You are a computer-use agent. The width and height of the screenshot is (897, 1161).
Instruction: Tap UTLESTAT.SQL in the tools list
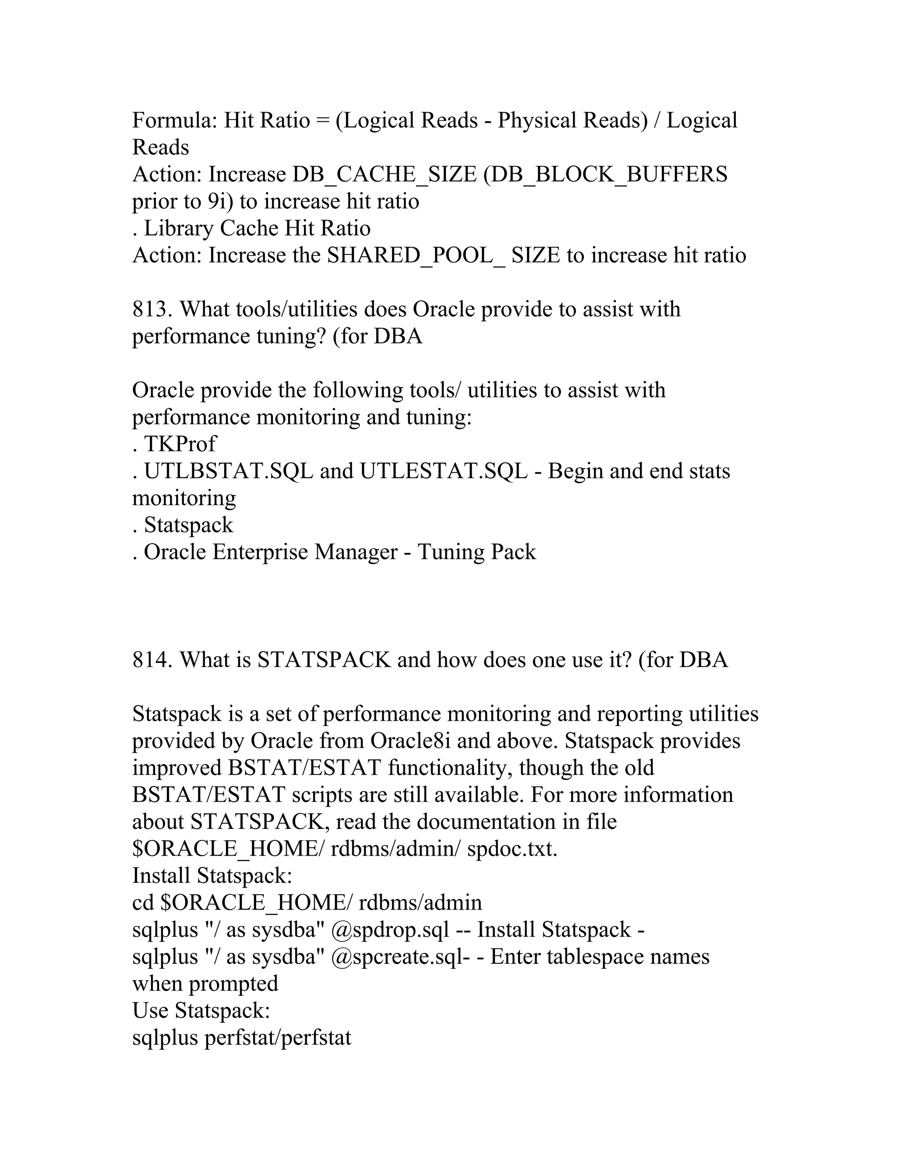(x=444, y=471)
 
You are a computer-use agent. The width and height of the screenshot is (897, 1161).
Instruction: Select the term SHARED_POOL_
(x=416, y=256)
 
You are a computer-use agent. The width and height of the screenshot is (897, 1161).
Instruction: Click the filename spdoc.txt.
(x=512, y=849)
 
